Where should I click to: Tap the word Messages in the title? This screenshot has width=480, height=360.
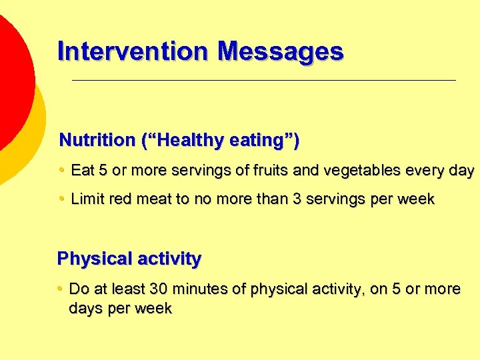point(281,51)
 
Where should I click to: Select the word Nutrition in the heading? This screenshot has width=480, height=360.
point(97,141)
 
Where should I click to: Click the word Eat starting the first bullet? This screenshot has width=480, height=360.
point(83,171)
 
